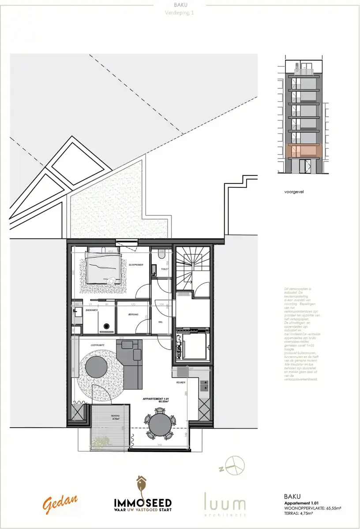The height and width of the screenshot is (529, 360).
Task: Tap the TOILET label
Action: click(x=165, y=268)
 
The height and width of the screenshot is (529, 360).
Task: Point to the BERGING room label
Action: click(x=133, y=314)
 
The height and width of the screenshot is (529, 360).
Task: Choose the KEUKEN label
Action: click(x=180, y=382)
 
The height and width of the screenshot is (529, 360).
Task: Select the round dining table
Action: click(x=160, y=424)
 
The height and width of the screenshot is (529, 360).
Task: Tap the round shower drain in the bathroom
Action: click(x=106, y=327)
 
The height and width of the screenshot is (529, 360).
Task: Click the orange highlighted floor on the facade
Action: click(x=304, y=150)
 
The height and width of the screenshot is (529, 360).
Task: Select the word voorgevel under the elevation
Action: click(x=295, y=192)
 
